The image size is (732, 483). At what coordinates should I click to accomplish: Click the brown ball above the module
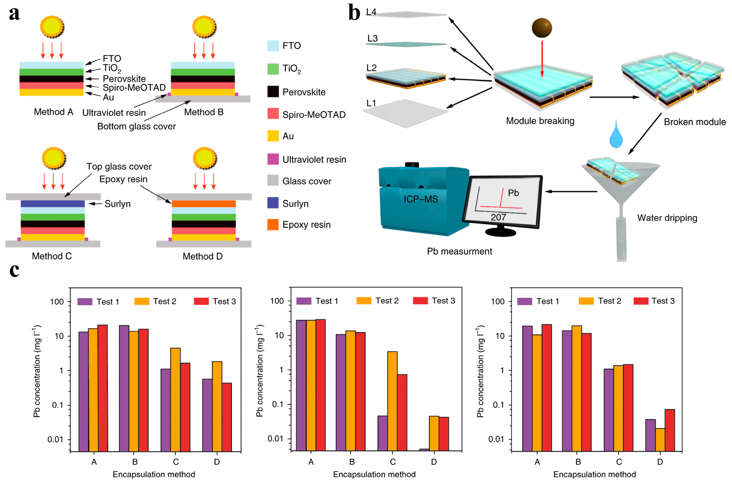click(x=541, y=28)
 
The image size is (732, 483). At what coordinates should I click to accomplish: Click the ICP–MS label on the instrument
click(x=421, y=199)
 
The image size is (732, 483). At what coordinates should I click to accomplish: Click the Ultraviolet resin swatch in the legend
click(x=273, y=159)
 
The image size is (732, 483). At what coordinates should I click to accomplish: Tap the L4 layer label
click(x=371, y=12)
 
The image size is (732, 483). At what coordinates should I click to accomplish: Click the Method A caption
click(x=53, y=112)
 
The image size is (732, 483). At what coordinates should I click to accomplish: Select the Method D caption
click(x=203, y=256)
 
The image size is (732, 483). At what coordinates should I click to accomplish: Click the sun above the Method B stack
click(x=204, y=26)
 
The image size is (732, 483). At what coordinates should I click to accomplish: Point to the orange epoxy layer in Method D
click(x=204, y=204)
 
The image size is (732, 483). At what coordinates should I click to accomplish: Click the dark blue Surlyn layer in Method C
click(x=53, y=204)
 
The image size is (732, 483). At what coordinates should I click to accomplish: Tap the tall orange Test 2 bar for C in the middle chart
click(x=392, y=400)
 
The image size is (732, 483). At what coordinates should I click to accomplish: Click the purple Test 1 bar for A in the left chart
click(x=84, y=391)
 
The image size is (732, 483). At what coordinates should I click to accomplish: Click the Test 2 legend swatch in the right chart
click(x=586, y=301)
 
